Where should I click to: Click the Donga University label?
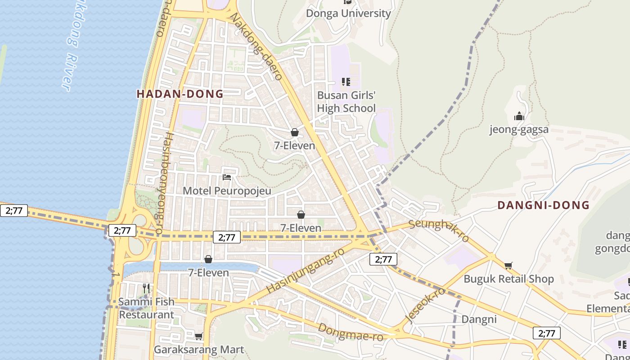pyautogui.click(x=348, y=13)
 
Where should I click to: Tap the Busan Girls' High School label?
pyautogui.click(x=346, y=102)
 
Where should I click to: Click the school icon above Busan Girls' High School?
pyautogui.click(x=346, y=82)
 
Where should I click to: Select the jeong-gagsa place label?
pyautogui.click(x=519, y=130)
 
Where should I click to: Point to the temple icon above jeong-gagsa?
pyautogui.click(x=519, y=117)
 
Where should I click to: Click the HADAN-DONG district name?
pyautogui.click(x=180, y=94)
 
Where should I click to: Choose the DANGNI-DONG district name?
pyautogui.click(x=543, y=205)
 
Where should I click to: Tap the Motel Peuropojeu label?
pyautogui.click(x=227, y=191)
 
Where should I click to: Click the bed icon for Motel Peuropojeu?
pyautogui.click(x=227, y=177)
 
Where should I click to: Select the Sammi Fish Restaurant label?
pyautogui.click(x=146, y=308)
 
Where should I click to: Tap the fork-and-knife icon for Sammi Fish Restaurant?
pyautogui.click(x=146, y=288)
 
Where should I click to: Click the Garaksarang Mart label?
pyautogui.click(x=199, y=350)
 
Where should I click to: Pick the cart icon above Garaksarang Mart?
pyautogui.click(x=199, y=336)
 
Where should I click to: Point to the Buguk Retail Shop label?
pyautogui.click(x=508, y=279)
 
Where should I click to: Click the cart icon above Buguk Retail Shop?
pyautogui.click(x=508, y=266)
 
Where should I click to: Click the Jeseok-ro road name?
pyautogui.click(x=425, y=306)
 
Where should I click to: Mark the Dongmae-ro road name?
pyautogui.click(x=350, y=332)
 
